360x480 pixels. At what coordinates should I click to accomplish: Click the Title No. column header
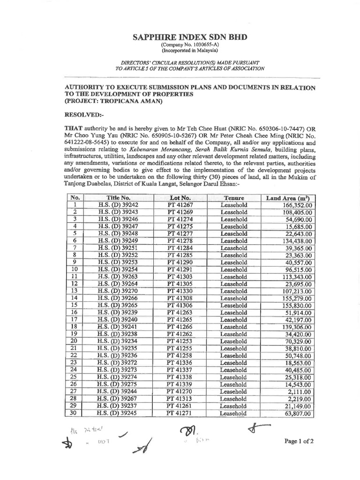click(117, 198)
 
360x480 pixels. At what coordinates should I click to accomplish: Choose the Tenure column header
click(234, 198)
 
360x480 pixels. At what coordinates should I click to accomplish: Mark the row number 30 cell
click(73, 413)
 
